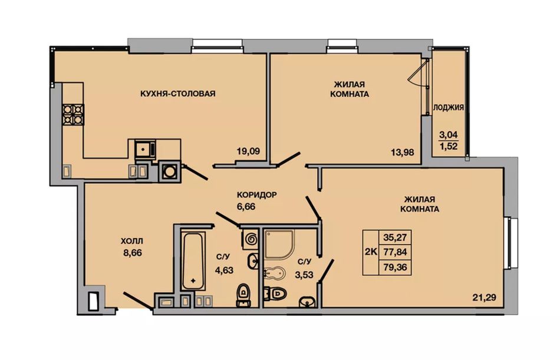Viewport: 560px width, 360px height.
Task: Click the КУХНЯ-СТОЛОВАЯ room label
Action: pos(178,94)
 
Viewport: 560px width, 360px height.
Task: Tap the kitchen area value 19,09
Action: pos(248,151)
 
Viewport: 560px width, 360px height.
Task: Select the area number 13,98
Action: pos(403,153)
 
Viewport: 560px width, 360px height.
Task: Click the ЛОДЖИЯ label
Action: pos(449,107)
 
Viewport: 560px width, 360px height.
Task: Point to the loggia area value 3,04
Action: pos(449,135)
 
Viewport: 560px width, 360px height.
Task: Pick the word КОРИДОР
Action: pos(257,195)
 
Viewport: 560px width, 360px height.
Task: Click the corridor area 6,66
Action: pos(246,206)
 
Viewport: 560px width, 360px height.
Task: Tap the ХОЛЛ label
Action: pos(133,242)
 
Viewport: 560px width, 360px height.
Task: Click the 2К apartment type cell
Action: pos(371,252)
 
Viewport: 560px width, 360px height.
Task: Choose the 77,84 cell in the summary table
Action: pos(395,252)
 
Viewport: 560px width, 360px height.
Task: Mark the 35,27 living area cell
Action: pos(395,237)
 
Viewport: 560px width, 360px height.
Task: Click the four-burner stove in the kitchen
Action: pos(73,114)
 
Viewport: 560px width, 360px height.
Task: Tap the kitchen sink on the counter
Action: pos(146,148)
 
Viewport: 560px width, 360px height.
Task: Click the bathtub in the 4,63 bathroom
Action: pos(193,262)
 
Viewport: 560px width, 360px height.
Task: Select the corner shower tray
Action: pos(279,245)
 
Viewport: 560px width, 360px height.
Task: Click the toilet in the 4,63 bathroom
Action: pos(243,295)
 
